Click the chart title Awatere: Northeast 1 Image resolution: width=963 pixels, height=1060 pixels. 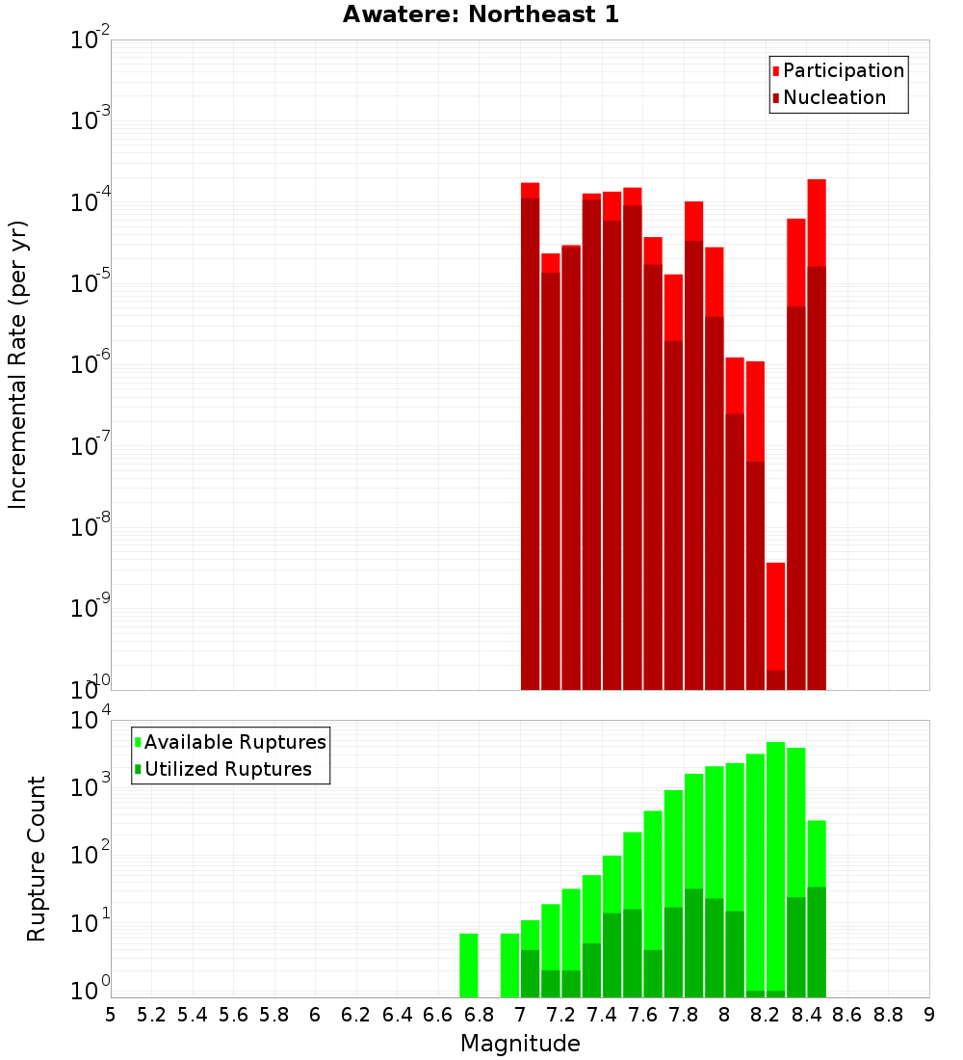(481, 14)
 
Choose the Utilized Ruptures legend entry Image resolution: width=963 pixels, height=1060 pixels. (227, 769)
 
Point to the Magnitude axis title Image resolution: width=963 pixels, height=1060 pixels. (520, 1044)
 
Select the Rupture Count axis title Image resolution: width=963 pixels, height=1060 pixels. (37, 859)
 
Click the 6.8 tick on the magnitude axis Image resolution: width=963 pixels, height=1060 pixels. (479, 1015)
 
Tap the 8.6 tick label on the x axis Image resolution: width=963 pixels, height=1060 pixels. (847, 1015)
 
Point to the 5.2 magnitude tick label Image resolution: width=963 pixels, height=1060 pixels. (151, 1015)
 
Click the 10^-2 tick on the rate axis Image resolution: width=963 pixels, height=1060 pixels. (89, 40)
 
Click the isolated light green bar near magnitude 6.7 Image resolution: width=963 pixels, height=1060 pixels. (469, 965)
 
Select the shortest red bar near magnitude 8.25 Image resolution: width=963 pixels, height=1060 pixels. (776, 626)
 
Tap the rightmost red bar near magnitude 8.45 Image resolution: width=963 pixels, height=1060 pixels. (817, 434)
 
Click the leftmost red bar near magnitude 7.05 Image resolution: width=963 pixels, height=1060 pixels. (530, 434)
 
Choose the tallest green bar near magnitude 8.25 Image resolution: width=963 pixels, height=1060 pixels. (776, 867)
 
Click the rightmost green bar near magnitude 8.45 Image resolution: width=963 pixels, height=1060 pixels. (817, 906)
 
